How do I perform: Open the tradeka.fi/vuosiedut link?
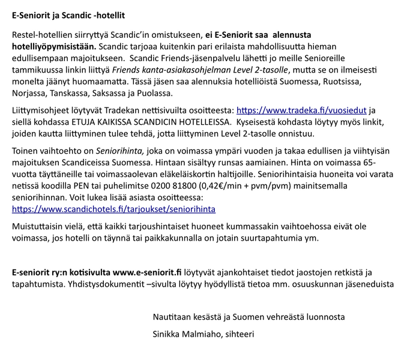(x=302, y=110)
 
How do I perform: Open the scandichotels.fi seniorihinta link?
(x=113, y=209)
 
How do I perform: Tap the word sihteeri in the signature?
(x=239, y=333)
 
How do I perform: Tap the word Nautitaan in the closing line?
(x=172, y=316)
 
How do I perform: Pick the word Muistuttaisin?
(x=39, y=226)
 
